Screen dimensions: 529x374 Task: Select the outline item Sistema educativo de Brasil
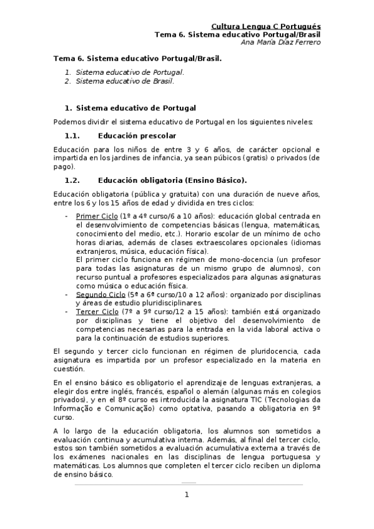pyautogui.click(x=125, y=81)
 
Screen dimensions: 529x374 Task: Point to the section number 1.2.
pyautogui.click(x=73, y=180)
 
